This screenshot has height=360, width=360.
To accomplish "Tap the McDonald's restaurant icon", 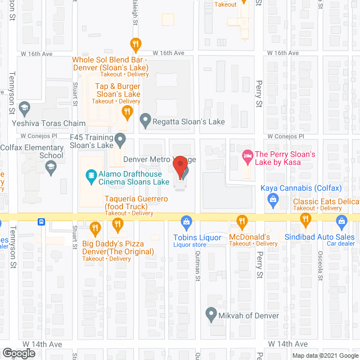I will click(242, 221).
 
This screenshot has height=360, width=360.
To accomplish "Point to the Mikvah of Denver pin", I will click(211, 313).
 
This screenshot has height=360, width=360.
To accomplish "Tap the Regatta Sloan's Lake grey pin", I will click(145, 119).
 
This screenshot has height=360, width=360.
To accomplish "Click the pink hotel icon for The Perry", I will click(246, 155).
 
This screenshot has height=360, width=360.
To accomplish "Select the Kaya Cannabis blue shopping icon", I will click(273, 198).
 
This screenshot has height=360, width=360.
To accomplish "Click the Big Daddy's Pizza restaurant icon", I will click(94, 228).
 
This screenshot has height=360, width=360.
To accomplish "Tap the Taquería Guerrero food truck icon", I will click(118, 224).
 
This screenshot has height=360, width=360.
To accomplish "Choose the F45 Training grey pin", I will click(120, 138).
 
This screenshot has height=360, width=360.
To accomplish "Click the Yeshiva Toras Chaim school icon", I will click(24, 107).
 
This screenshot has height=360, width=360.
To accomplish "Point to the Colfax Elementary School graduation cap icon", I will click(51, 166).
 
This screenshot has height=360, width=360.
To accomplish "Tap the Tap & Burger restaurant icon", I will click(128, 112).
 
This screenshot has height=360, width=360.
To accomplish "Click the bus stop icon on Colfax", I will click(41, 221).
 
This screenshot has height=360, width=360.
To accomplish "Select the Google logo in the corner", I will click(18, 353).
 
